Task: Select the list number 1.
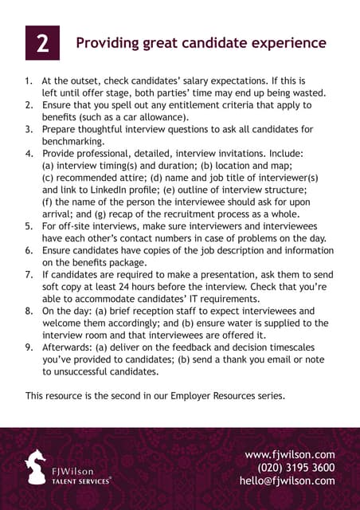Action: point(29,81)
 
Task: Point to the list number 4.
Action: point(29,152)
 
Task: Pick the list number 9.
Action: point(29,347)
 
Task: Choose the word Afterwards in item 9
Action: point(69,347)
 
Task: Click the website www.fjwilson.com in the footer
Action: point(289,455)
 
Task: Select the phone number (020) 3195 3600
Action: point(296,468)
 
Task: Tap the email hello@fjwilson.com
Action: point(287,481)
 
